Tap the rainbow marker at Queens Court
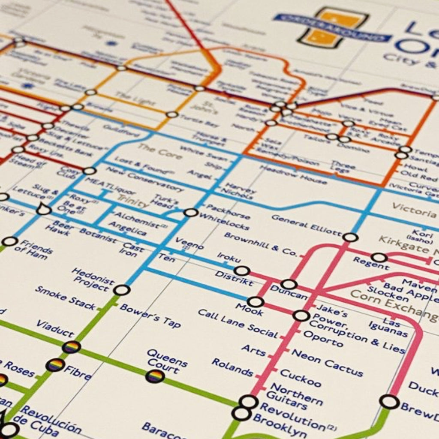[155, 376]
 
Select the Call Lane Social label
[238, 324]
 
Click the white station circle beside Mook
[255, 302]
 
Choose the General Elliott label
[307, 225]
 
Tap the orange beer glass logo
[334, 27]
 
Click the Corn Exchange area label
[394, 306]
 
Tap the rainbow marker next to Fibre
[55, 365]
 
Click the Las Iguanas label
[388, 327]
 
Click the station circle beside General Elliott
[351, 237]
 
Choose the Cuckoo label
[301, 378]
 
